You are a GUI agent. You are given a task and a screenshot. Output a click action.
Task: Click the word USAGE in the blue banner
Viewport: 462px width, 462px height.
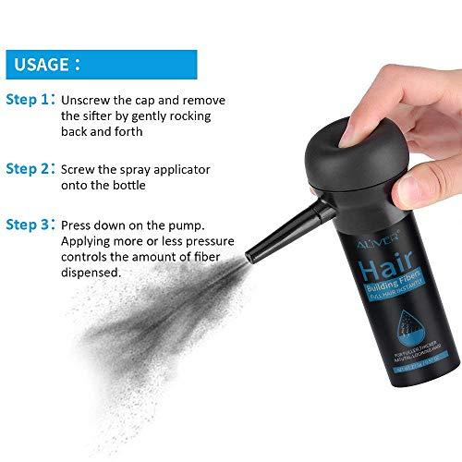[39, 66]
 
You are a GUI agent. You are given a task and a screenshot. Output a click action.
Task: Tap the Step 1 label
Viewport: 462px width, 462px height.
[30, 100]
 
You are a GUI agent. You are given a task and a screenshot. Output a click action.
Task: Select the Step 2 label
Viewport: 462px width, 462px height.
[30, 170]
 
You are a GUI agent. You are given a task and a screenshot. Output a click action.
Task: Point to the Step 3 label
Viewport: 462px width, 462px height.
[30, 225]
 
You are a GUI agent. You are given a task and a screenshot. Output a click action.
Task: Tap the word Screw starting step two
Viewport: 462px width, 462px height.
[80, 170]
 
